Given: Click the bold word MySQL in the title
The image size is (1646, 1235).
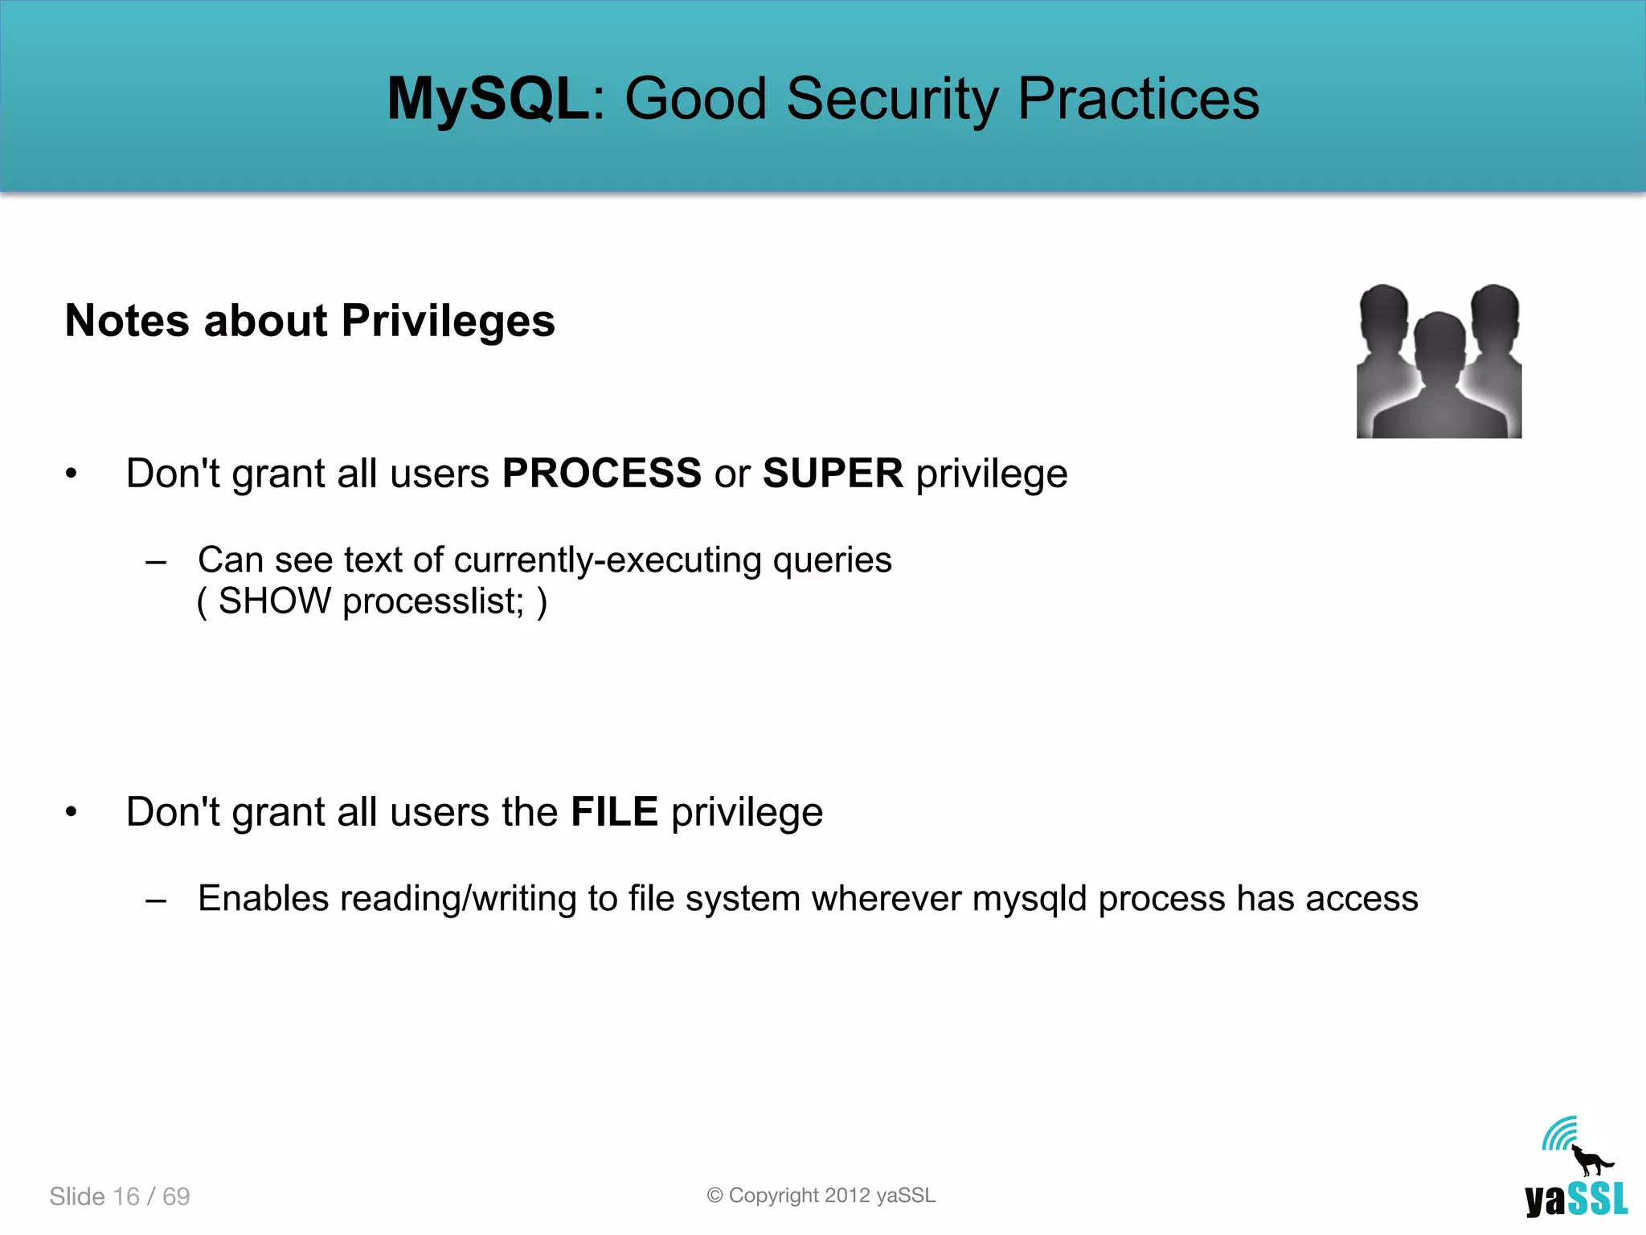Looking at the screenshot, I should tap(488, 100).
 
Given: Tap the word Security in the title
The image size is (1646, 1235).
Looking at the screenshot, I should tap(891, 100).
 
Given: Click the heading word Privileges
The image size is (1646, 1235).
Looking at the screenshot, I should tap(448, 322).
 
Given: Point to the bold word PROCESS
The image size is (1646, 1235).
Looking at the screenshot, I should tap(601, 473).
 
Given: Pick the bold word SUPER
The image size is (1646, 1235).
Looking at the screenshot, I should tap(833, 473).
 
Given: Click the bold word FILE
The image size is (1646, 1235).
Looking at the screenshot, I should tap(614, 811).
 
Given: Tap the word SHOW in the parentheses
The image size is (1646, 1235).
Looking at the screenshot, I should tap(275, 601).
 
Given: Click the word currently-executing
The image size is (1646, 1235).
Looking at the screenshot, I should tap(607, 560).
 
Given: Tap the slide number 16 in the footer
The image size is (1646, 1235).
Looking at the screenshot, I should tap(126, 1196).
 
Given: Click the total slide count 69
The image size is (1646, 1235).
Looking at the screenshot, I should tap(176, 1196).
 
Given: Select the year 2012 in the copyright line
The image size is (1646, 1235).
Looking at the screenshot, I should tap(847, 1196).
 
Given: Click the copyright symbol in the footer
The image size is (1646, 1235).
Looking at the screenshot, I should tap(714, 1196).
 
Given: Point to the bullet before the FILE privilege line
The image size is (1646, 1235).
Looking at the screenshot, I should tap(72, 812).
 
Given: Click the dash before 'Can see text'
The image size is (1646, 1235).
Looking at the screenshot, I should tap(156, 561).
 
